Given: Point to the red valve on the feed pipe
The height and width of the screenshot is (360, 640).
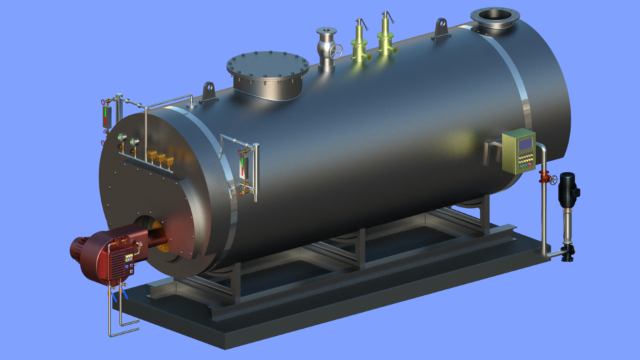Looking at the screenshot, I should tap(544, 178).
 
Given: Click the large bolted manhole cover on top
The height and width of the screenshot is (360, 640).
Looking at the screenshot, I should tap(268, 66).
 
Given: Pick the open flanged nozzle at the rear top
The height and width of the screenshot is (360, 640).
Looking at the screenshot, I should tap(494, 16).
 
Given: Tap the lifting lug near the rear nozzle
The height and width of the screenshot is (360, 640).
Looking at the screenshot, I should tap(440, 28).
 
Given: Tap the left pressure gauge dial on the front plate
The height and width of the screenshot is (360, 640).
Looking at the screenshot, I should tap(122, 139).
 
